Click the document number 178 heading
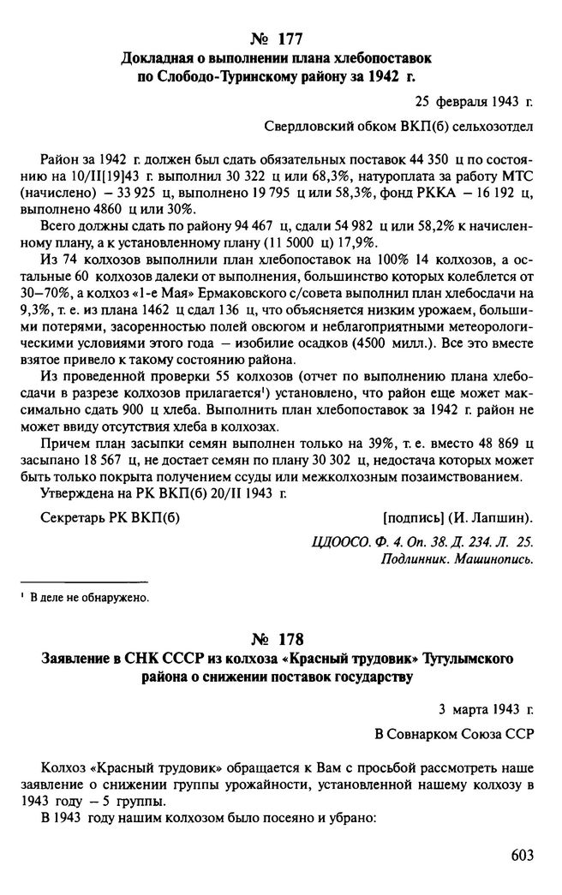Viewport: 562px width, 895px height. (x=279, y=641)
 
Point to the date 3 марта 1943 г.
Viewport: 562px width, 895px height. (x=484, y=710)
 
